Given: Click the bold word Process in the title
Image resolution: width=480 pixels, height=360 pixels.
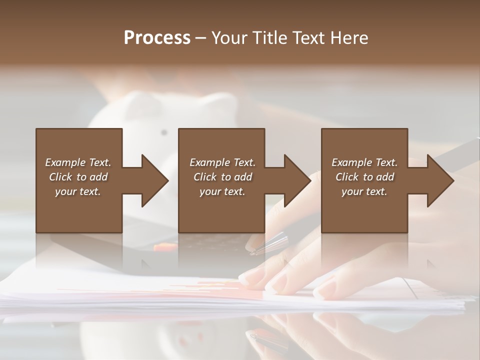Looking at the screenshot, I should click(157, 38).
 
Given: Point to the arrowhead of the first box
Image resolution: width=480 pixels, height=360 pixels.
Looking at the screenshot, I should click(155, 180).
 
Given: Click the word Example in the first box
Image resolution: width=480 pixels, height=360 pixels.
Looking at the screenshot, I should click(65, 162).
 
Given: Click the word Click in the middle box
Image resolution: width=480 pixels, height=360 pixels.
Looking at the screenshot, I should click(205, 177).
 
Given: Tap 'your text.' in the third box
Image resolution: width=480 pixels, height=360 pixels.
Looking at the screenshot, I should click(364, 191).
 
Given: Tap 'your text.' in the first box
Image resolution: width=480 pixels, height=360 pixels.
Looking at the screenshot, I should click(78, 191).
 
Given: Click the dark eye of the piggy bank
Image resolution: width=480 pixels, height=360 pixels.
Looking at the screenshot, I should click(163, 132).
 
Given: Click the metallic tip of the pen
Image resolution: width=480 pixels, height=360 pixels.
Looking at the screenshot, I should click(256, 249).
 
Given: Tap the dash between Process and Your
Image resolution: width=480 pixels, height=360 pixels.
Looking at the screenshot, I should click(201, 38).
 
